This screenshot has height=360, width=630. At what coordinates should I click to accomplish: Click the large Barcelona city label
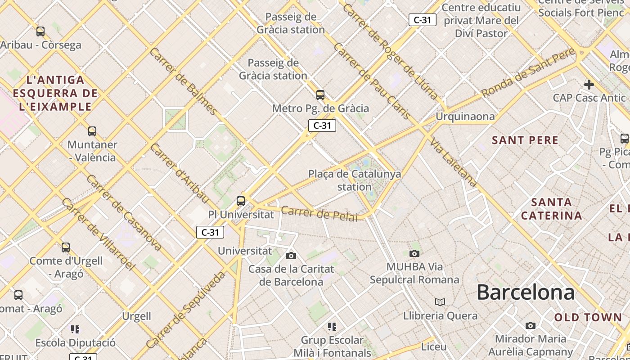coord(525,292)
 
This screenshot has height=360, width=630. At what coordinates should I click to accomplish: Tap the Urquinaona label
coord(465,117)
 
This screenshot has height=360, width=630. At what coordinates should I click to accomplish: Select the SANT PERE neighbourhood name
coord(525,140)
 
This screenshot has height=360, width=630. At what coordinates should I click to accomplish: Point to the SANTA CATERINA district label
coord(551,209)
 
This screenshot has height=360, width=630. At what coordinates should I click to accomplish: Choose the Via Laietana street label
coord(453,162)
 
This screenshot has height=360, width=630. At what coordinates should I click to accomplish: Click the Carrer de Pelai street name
coord(319,213)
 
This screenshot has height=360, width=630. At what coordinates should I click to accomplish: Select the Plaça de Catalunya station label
coord(355,180)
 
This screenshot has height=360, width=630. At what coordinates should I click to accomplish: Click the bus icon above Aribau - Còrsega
coord(40,31)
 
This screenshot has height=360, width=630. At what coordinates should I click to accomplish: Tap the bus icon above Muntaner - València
coord(92,131)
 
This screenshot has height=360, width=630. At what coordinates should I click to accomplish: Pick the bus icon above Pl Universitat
coord(241,201)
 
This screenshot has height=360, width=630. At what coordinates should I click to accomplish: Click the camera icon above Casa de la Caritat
coord(291,256)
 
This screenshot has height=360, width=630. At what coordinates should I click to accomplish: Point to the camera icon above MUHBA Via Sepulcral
coord(414,253)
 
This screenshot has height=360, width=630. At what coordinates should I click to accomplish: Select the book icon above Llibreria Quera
coord(440,302)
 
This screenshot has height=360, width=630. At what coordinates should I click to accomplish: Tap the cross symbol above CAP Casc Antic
coord(589,84)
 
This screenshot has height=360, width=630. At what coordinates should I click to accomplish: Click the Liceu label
coord(434,347)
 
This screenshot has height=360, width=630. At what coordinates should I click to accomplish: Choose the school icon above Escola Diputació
coord(75,329)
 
